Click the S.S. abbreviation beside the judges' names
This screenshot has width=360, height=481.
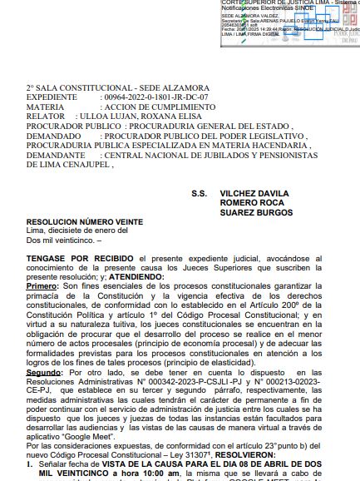pos(199,194)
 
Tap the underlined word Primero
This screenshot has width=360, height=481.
pos(43,288)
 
